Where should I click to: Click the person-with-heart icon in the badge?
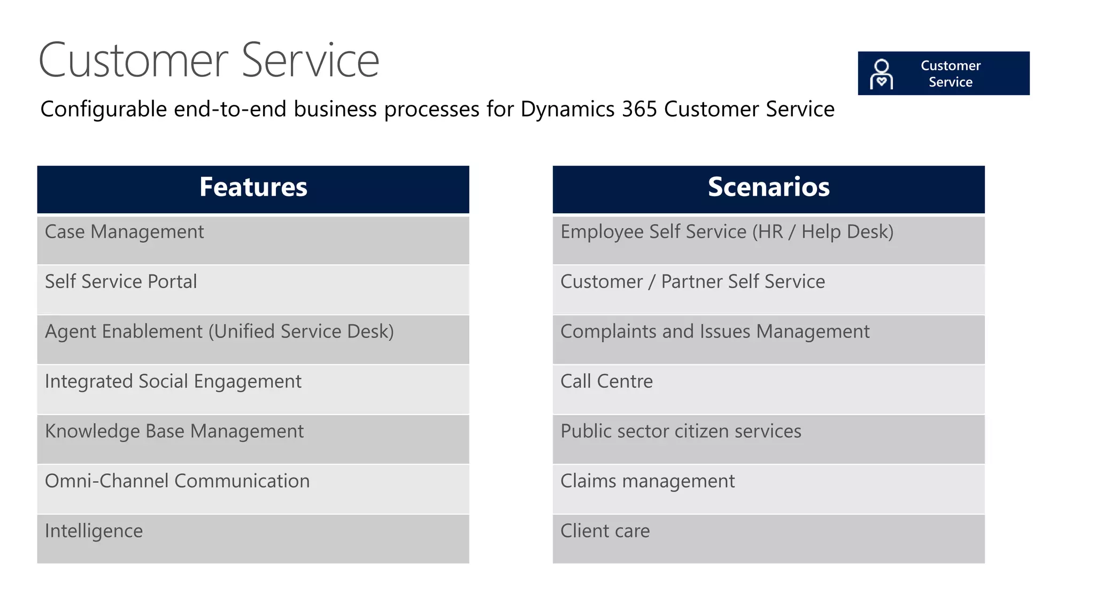click(x=881, y=74)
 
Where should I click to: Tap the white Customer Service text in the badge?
click(x=950, y=74)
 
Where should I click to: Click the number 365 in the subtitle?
click(x=639, y=110)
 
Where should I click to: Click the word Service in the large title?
click(x=310, y=60)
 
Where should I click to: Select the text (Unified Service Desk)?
click(x=301, y=332)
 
